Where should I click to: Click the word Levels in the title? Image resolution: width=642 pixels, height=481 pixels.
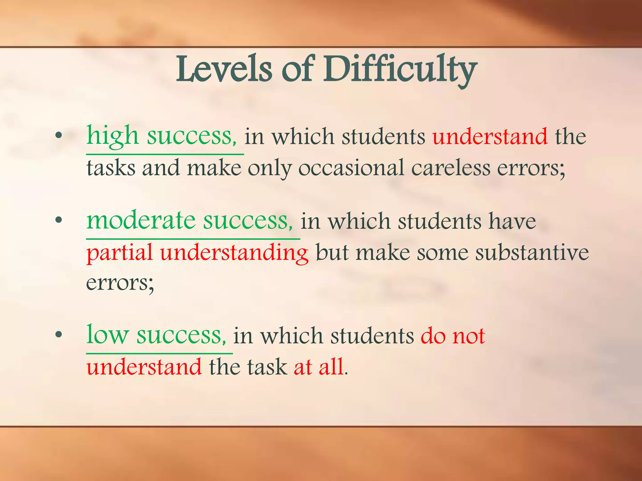(x=224, y=70)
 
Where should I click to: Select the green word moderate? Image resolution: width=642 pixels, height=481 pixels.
(x=141, y=220)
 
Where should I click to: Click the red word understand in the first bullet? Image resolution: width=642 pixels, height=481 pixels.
(x=490, y=137)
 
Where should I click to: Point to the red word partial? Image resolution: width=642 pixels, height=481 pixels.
(x=119, y=253)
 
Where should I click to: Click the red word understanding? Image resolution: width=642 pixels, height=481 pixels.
(x=234, y=253)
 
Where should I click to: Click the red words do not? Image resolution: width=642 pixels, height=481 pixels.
(x=453, y=336)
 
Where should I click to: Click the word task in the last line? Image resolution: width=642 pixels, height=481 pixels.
(x=267, y=367)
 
